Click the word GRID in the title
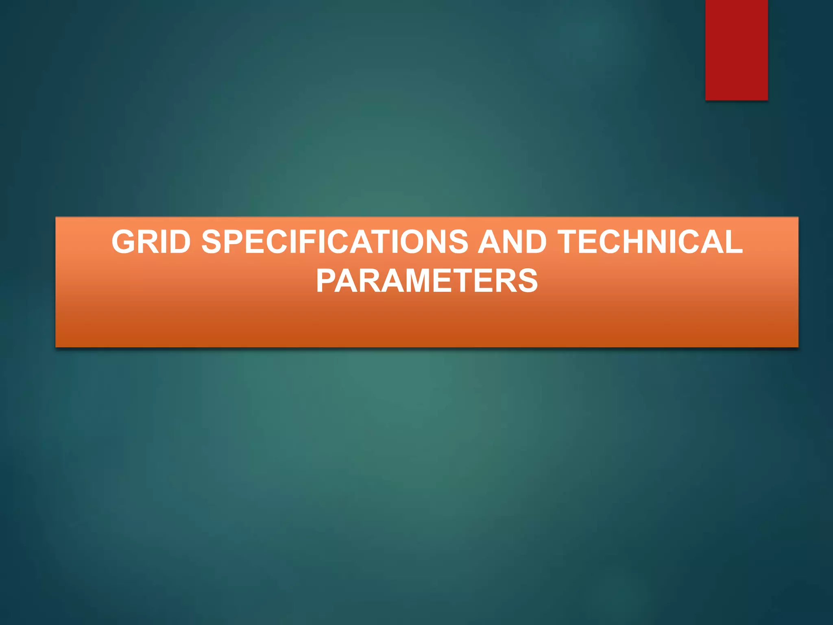click(151, 242)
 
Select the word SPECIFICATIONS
click(335, 242)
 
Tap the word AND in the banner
click(512, 242)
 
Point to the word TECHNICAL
click(650, 242)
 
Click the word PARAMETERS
click(427, 281)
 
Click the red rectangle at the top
click(736, 50)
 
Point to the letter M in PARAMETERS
click(416, 281)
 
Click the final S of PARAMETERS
click(528, 281)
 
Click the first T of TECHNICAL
click(569, 242)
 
